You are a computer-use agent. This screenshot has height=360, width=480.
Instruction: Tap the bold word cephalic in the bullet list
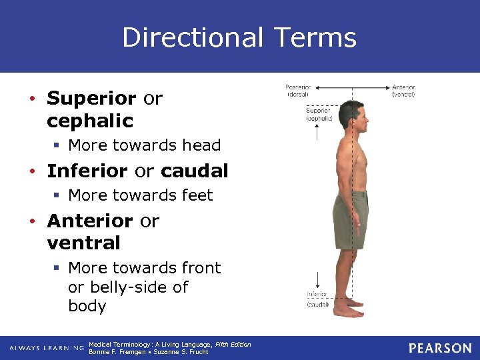point(90,121)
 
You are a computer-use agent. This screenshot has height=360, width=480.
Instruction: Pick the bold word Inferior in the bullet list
point(88,171)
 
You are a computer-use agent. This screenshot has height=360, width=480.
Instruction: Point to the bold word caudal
point(194,171)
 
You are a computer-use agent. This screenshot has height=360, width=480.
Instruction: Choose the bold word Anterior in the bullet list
point(90,220)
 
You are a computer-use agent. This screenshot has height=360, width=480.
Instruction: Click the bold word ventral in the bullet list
point(83,243)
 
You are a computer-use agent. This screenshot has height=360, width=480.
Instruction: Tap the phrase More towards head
point(145,145)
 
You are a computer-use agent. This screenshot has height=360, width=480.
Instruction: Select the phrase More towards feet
point(141,195)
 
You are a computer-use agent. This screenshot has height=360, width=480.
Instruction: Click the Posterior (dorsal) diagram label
point(298,91)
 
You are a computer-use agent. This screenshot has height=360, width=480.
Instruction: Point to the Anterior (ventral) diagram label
point(403,91)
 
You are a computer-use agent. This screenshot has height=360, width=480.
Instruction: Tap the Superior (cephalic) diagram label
point(319,114)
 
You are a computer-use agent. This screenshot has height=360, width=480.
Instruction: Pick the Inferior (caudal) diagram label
point(317,299)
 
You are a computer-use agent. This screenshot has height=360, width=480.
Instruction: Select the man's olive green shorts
point(350,219)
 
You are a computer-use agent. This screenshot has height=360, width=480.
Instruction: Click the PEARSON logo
point(440,348)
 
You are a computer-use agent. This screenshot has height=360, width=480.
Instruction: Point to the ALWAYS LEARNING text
point(46,349)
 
